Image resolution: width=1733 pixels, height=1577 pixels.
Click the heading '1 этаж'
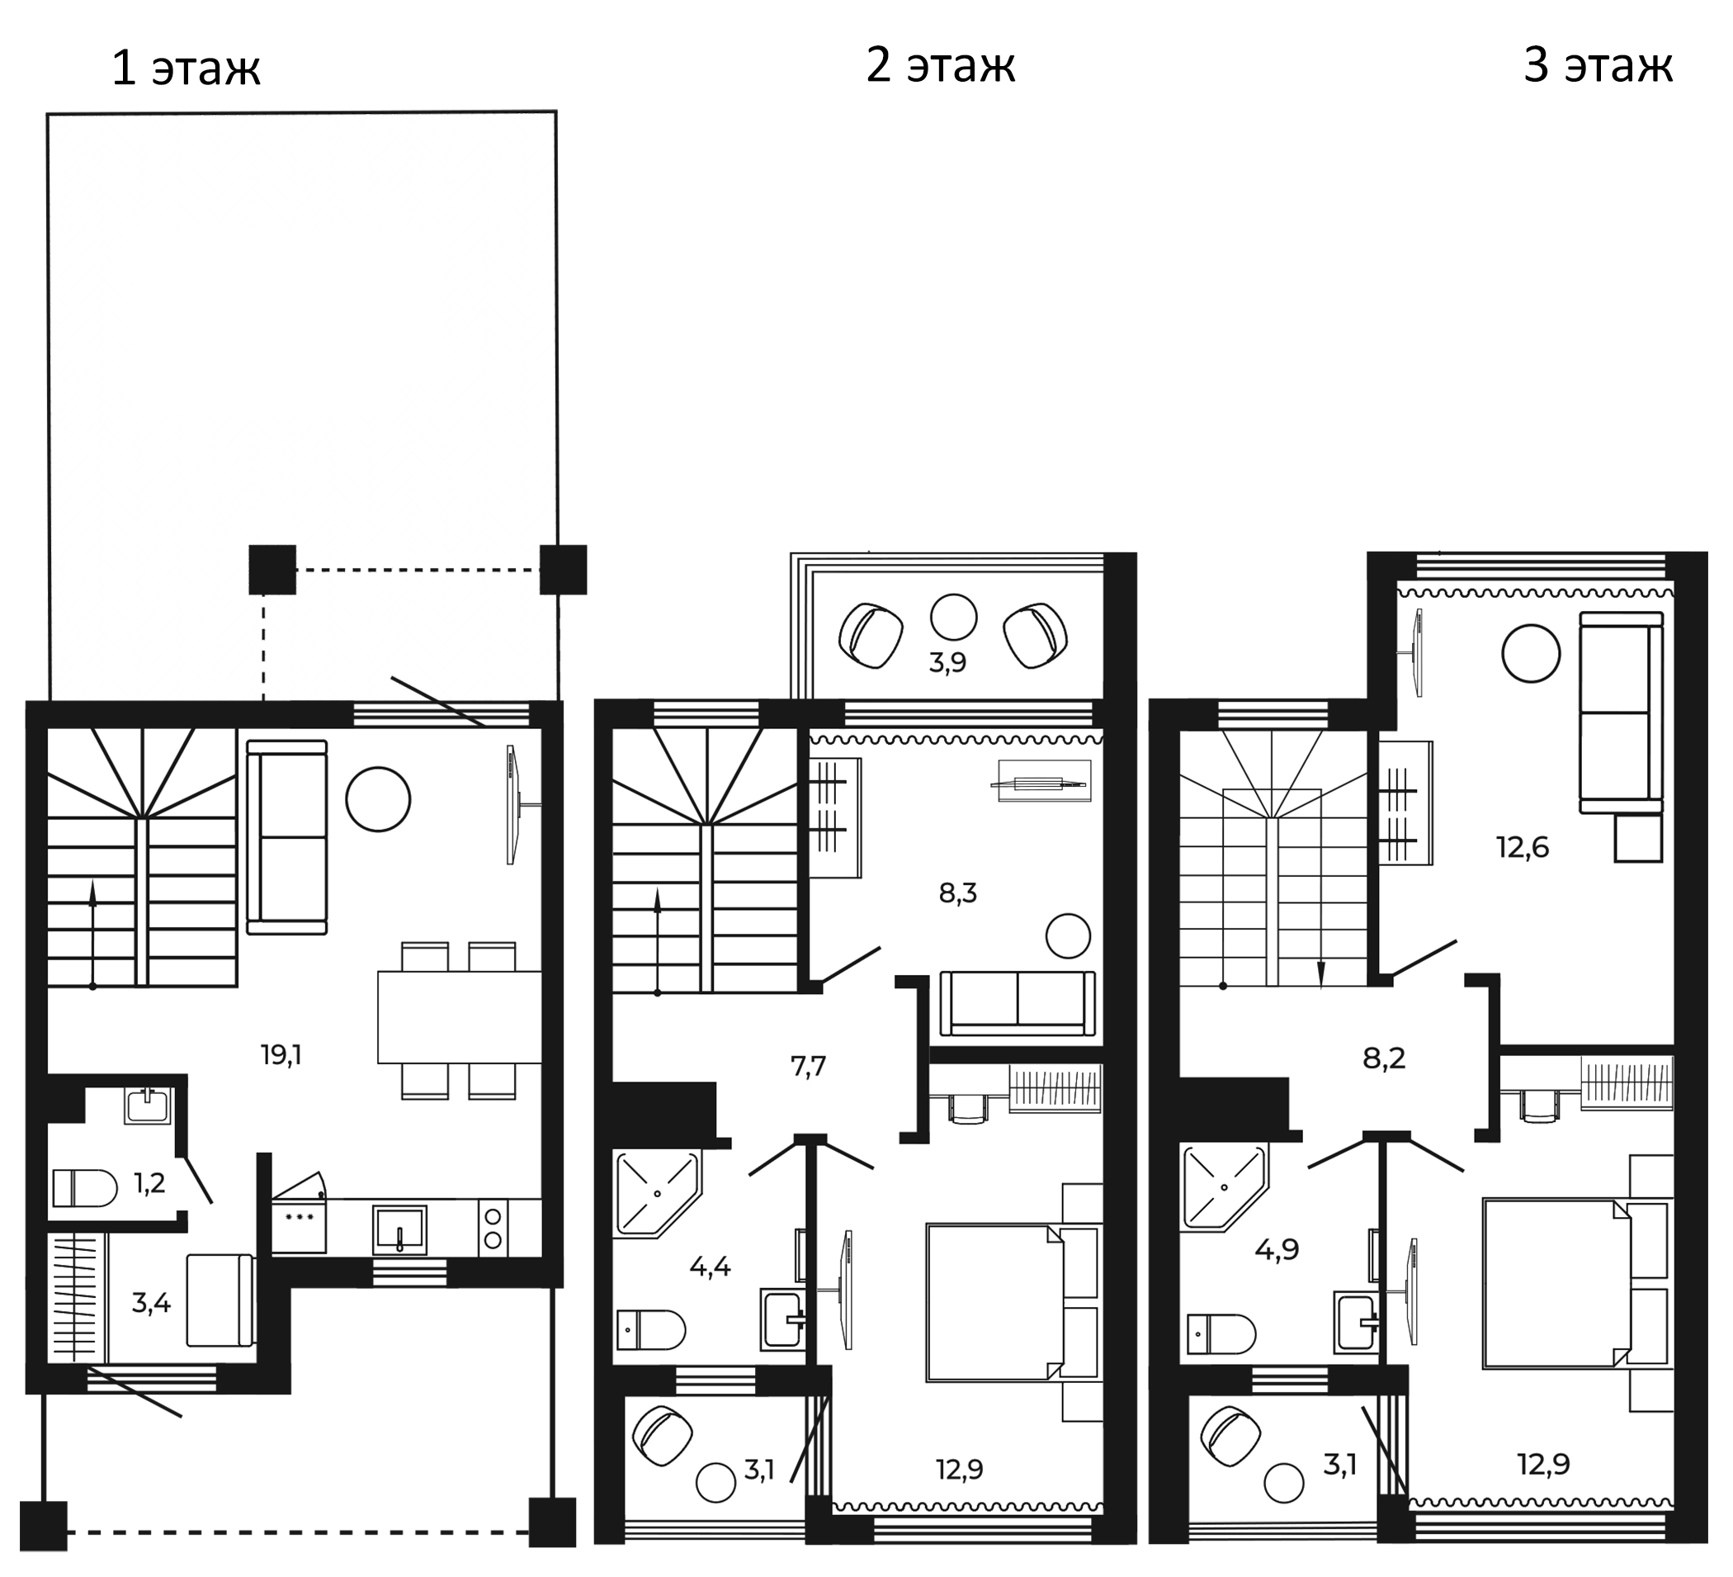186,69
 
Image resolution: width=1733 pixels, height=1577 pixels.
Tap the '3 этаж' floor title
1598,65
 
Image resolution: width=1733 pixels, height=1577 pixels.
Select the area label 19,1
281,1054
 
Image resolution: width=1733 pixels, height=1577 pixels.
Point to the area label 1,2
149,1183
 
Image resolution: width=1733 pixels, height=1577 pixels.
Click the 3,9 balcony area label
947,663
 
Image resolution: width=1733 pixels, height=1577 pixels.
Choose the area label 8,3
957,893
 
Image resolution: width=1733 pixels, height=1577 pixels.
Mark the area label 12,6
1523,848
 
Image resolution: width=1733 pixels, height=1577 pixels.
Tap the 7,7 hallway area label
808,1066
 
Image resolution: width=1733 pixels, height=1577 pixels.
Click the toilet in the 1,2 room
84,1187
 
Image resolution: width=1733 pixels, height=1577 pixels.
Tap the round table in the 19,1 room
378,798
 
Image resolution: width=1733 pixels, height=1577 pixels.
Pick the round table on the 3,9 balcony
953,618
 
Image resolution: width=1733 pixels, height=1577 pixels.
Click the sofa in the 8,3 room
1018,1003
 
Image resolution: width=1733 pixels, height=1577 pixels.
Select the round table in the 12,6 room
1531,653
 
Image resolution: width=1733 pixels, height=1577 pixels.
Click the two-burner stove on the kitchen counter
493,1229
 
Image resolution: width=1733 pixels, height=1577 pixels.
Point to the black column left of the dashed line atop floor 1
272,569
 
